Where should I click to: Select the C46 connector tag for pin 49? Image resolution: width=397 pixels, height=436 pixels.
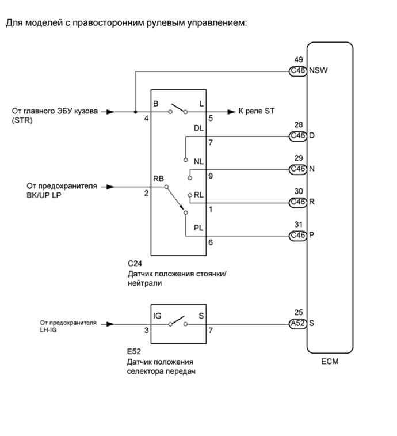click(298, 71)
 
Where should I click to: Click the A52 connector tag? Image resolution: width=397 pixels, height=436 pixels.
click(298, 323)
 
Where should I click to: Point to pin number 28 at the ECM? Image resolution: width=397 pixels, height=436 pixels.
click(298, 124)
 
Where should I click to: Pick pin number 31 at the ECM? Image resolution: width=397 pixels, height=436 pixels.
click(298, 225)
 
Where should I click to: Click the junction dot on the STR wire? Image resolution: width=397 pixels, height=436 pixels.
click(135, 112)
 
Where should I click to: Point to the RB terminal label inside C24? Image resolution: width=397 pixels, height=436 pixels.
click(159, 179)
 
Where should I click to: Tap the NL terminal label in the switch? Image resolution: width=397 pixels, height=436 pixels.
click(199, 162)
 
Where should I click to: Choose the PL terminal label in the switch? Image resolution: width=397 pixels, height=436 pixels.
click(199, 229)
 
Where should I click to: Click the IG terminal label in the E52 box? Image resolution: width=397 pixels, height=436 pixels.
click(157, 316)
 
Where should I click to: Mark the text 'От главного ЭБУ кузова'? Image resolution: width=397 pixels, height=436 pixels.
click(55, 111)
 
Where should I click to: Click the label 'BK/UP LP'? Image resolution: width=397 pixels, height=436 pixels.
click(44, 195)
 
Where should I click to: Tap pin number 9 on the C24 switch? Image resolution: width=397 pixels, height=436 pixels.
click(211, 176)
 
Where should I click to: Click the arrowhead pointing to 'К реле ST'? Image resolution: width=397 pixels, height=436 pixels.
click(231, 112)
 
